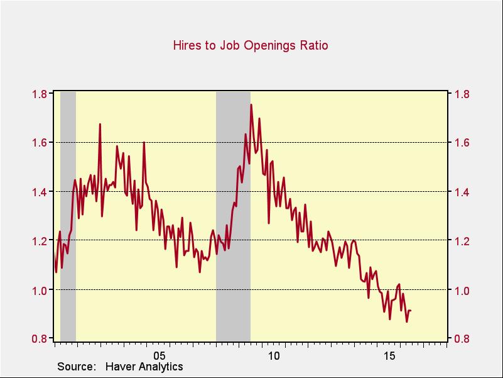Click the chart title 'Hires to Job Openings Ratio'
point(251,45)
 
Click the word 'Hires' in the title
point(187,45)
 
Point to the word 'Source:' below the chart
point(76,367)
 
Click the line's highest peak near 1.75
point(251,105)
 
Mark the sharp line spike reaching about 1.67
point(100,125)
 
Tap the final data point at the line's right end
point(410,311)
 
